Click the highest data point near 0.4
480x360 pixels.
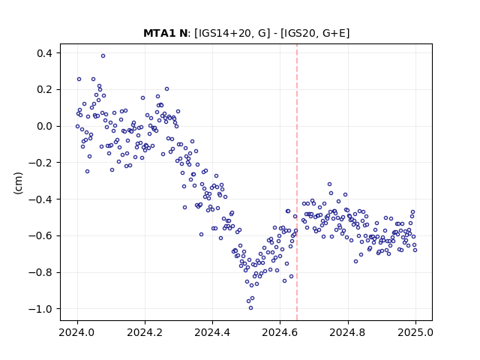click(103, 55)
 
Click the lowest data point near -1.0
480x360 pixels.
click(250, 308)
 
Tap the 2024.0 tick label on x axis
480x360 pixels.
click(77, 332)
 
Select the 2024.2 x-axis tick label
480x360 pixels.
click(145, 332)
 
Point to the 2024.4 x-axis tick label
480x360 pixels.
click(212, 332)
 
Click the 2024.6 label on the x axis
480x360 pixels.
click(280, 332)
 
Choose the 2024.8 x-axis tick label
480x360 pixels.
click(348, 332)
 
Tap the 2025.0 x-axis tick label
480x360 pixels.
click(415, 332)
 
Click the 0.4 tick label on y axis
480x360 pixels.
click(45, 53)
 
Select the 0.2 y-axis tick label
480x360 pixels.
click(45, 90)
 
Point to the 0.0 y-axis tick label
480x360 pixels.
click(45, 126)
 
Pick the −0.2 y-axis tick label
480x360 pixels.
click(40, 163)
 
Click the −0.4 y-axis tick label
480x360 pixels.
click(40, 199)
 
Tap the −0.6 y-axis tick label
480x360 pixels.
click(40, 235)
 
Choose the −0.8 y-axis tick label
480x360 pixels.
click(40, 272)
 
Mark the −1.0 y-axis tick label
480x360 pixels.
click(40, 309)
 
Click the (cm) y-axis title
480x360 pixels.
click(18, 183)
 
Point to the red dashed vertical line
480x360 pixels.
click(297, 182)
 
